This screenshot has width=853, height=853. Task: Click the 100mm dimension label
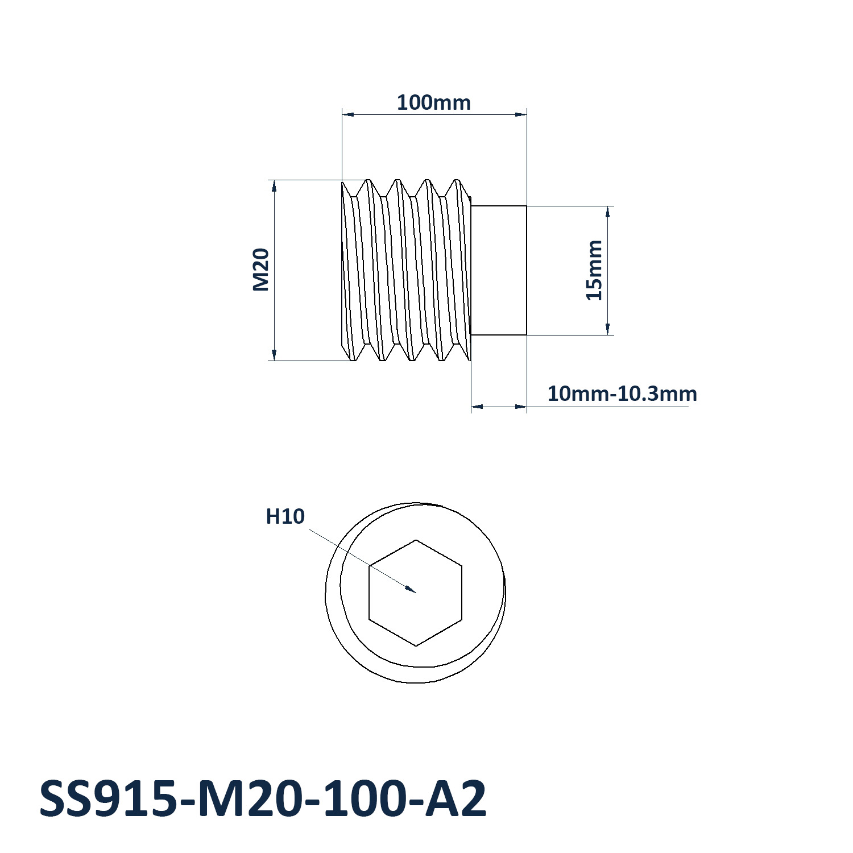pyautogui.click(x=433, y=102)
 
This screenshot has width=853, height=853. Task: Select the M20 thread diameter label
pyautogui.click(x=260, y=270)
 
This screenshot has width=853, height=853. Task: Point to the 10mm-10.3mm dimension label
pyautogui.click(x=622, y=394)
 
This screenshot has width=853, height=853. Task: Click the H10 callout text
pyautogui.click(x=285, y=516)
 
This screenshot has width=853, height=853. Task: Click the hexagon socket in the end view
pyautogui.click(x=416, y=593)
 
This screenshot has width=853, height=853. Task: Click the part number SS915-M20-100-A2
pyautogui.click(x=263, y=798)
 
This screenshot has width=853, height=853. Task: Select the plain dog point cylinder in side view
pyautogui.click(x=499, y=270)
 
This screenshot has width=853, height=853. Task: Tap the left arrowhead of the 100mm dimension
pyautogui.click(x=348, y=114)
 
